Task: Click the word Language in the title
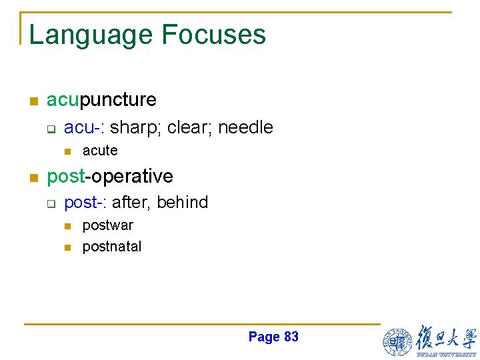[x=91, y=35]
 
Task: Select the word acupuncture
[x=101, y=100]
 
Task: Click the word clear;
[x=190, y=127]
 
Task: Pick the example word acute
[x=100, y=151]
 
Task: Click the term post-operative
[x=110, y=176]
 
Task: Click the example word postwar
[x=107, y=225]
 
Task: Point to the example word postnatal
[x=112, y=247]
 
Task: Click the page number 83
[x=291, y=337]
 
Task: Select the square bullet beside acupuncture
[x=32, y=101]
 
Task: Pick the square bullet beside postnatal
[x=67, y=247]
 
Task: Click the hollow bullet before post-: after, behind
[x=50, y=203]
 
